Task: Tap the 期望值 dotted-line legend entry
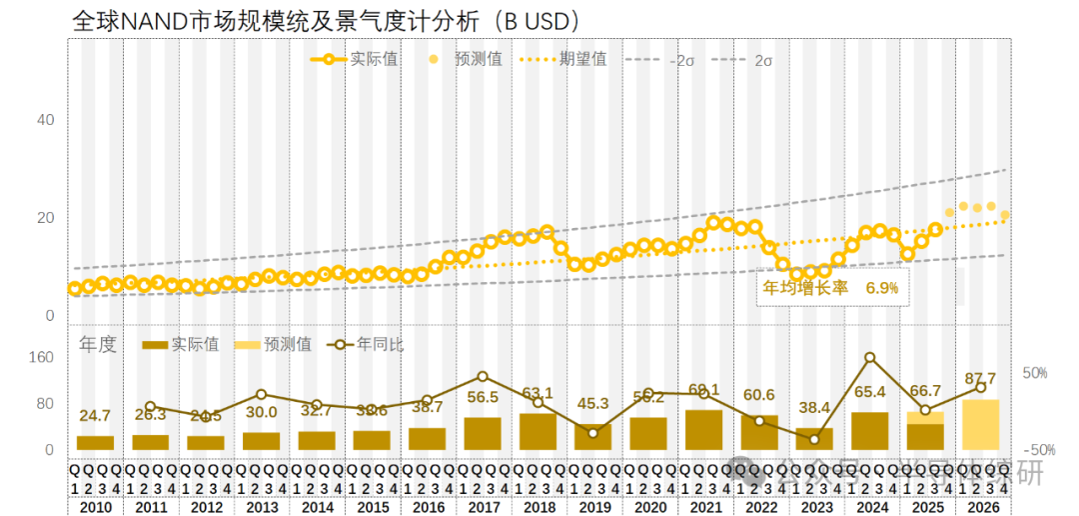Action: (582, 59)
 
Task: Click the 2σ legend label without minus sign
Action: (763, 60)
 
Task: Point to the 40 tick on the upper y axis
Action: (45, 120)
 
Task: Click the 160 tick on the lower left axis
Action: (40, 357)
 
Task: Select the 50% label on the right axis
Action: (1034, 373)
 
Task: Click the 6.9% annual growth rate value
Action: (882, 288)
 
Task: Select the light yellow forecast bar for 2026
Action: (980, 424)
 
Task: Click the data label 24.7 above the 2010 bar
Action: (94, 415)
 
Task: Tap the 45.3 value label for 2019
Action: (592, 404)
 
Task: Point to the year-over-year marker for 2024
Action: (869, 357)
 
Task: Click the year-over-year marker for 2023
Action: (814, 439)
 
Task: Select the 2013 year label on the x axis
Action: (261, 506)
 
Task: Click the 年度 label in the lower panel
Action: (98, 345)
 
